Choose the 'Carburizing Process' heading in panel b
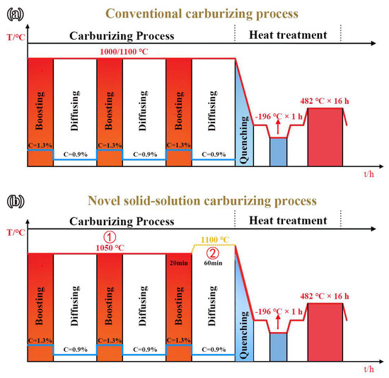point(122,222)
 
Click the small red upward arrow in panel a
point(279,126)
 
